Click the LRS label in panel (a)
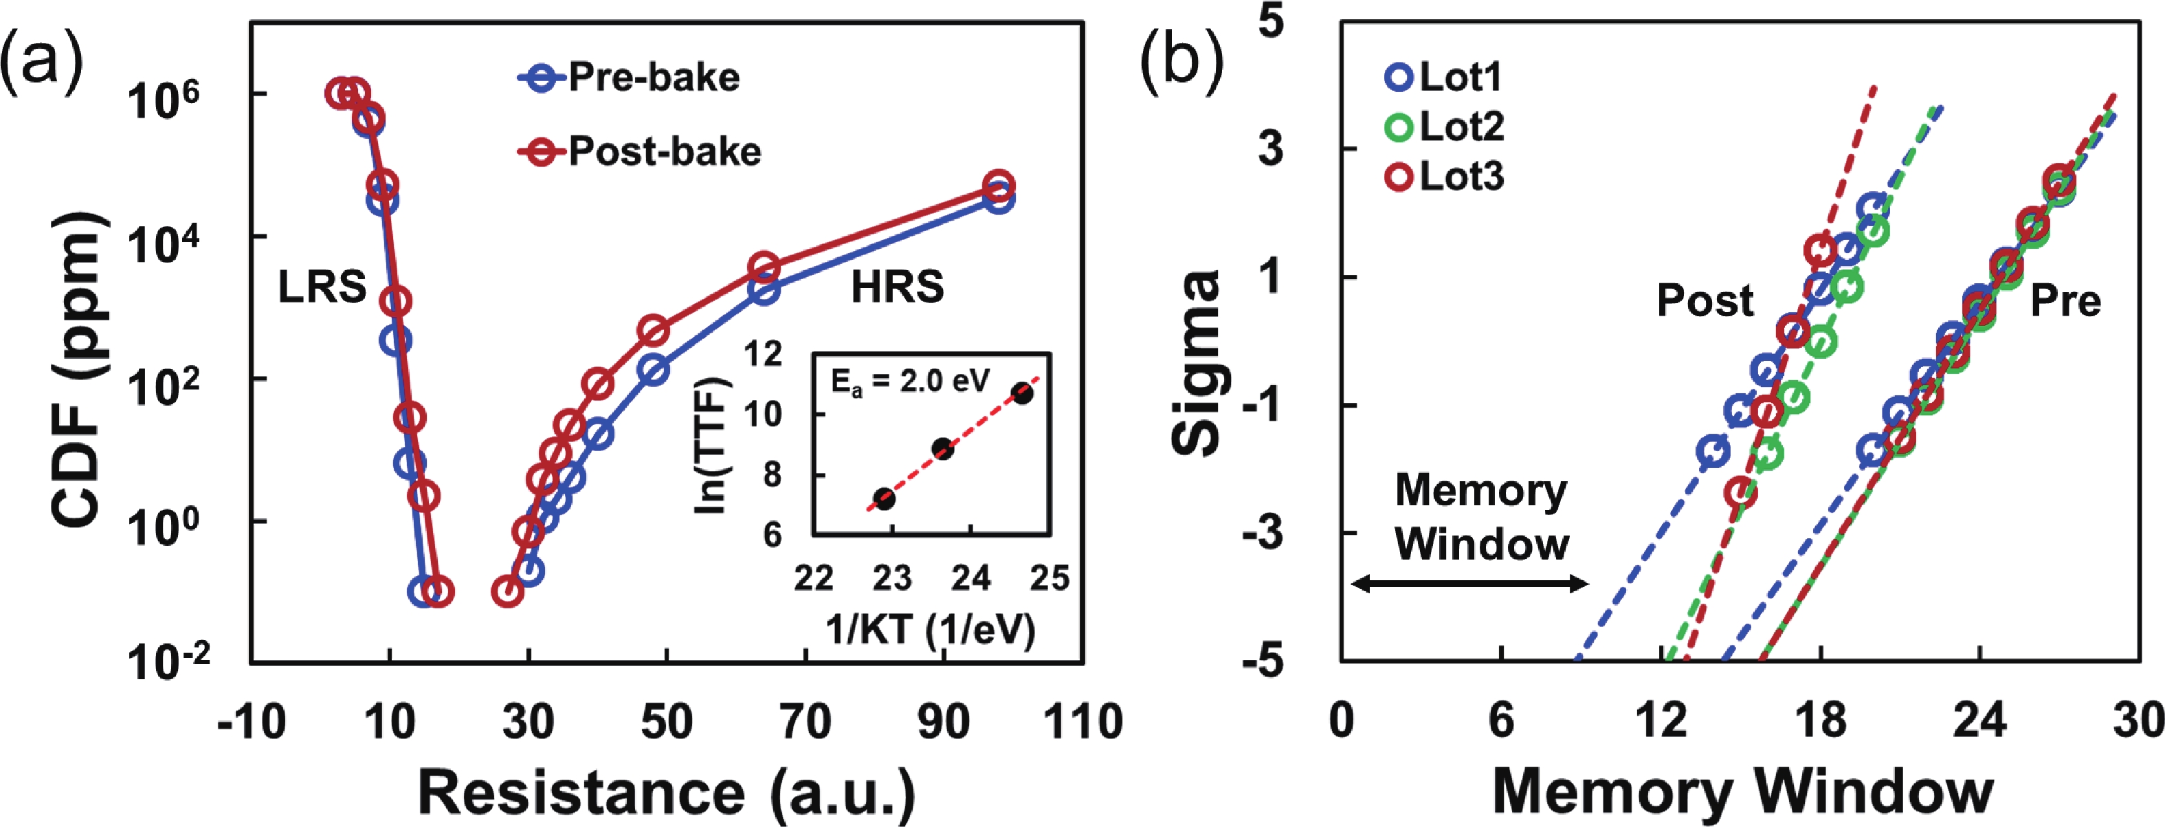pyautogui.click(x=322, y=287)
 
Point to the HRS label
pyautogui.click(x=897, y=287)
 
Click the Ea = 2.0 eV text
pyautogui.click(x=910, y=382)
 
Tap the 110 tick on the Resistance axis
pyautogui.click(x=1082, y=721)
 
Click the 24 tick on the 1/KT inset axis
pyautogui.click(x=970, y=578)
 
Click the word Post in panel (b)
pyautogui.click(x=1705, y=300)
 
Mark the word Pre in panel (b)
pyautogui.click(x=2065, y=300)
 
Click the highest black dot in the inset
pyautogui.click(x=1022, y=393)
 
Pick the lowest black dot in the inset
pyautogui.click(x=884, y=498)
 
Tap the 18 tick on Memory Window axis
pyautogui.click(x=1821, y=721)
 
